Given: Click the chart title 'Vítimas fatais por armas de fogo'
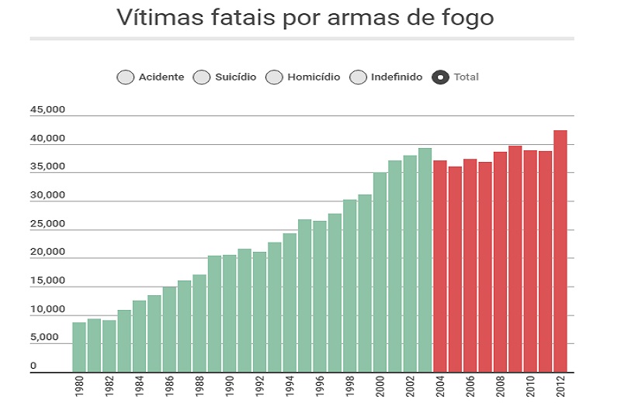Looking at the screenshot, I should pos(304,17).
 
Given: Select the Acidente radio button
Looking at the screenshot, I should pos(125,77).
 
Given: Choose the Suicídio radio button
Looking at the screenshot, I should pos(202,77).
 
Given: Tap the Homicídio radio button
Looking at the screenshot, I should pos(274,77).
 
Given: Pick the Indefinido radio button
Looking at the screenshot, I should pos(358,77).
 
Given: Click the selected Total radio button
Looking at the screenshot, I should pos(441,77).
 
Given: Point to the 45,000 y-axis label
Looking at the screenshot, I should pos(47,110).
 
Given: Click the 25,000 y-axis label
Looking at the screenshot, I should pos(47,224).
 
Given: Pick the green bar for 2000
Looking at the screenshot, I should pos(380,272).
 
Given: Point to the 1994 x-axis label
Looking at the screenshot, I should pos(290,387).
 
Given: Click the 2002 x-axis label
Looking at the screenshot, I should pos(410,387).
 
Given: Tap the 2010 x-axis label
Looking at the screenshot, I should pos(530,387).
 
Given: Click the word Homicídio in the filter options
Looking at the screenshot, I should pos(314,77).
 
